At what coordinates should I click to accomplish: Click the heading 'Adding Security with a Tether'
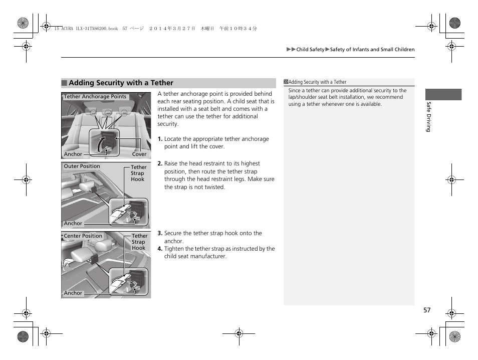[x=121, y=83]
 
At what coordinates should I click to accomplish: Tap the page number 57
[x=426, y=310]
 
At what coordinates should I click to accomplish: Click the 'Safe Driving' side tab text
[x=428, y=117]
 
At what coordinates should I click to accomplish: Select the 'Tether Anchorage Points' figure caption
[x=95, y=97]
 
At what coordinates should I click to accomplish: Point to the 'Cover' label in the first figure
[x=139, y=154]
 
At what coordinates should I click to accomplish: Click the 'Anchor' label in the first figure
[x=73, y=154]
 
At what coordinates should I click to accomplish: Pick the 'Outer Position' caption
[x=82, y=166]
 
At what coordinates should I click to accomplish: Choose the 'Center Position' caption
[x=83, y=236]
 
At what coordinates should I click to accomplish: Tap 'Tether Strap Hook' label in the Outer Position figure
[x=138, y=173]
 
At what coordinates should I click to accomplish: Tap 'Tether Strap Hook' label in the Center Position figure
[x=139, y=242]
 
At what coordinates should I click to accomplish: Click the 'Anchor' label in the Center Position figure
[x=73, y=293]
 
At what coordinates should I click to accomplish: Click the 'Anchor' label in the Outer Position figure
[x=73, y=224]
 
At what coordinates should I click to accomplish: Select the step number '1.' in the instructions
[x=160, y=139]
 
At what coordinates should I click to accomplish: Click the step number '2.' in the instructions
[x=160, y=163]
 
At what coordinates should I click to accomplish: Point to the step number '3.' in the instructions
[x=160, y=233]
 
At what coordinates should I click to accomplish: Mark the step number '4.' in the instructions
[x=160, y=249]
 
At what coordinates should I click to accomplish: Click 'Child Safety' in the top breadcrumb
[x=310, y=50]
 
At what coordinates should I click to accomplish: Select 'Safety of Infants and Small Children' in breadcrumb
[x=372, y=50]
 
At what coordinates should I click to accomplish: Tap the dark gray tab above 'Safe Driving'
[x=443, y=95]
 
